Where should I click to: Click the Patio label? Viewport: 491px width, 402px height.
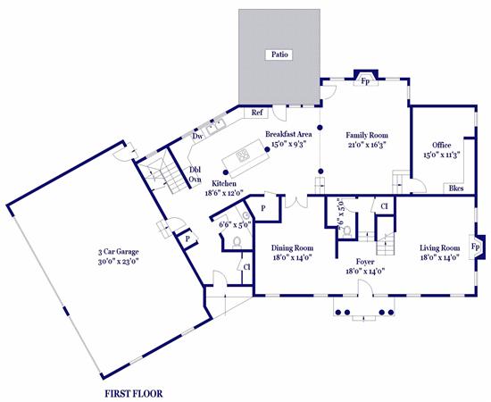(279, 54)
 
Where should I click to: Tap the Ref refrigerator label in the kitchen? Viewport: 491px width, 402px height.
(257, 113)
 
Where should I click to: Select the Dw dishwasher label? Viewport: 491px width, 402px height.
(197, 137)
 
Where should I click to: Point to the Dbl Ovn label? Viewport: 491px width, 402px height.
(195, 174)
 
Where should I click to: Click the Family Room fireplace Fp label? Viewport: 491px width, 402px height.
(365, 81)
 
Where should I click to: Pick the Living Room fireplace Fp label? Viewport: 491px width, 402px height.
(475, 247)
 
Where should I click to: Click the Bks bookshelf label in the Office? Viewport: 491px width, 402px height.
(456, 188)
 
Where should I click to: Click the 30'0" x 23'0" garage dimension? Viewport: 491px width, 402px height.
(119, 261)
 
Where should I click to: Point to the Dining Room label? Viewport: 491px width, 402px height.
(292, 248)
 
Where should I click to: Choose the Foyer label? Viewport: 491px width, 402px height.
(365, 262)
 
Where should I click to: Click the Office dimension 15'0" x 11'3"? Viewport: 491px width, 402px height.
(442, 155)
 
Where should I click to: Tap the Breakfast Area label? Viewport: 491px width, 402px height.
(288, 134)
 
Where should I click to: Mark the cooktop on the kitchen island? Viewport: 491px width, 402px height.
(243, 155)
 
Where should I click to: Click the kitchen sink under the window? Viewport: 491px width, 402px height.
(216, 125)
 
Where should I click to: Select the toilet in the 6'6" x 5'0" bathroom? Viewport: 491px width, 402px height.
(237, 242)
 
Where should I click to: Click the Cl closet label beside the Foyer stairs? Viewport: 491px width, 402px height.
(384, 206)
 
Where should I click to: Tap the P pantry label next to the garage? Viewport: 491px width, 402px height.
(187, 239)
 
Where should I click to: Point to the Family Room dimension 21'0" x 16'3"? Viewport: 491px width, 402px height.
(367, 145)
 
